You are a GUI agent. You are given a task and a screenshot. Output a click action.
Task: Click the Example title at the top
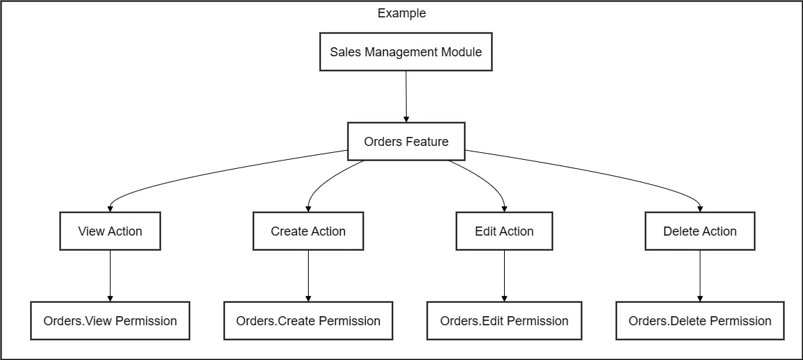click(401, 13)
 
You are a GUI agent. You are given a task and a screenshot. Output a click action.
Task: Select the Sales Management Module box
click(405, 52)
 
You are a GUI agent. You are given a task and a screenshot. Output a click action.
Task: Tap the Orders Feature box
click(406, 142)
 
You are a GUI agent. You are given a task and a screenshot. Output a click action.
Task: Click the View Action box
click(110, 231)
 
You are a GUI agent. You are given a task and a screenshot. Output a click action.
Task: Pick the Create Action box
click(308, 231)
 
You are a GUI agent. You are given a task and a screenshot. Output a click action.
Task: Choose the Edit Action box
click(504, 231)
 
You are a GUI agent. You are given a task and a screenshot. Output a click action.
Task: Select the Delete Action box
click(699, 231)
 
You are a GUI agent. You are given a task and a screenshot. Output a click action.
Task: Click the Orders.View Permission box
click(110, 321)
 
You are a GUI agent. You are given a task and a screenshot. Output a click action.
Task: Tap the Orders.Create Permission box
click(308, 321)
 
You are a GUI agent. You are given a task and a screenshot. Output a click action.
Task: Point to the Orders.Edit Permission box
click(504, 321)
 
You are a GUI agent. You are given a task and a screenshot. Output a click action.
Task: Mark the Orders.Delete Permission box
click(699, 321)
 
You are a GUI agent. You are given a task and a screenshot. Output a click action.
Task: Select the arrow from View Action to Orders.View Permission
click(110, 275)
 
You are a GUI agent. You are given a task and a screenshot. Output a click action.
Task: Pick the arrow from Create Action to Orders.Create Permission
click(308, 275)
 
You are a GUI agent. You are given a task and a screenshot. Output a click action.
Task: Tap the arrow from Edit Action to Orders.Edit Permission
click(504, 275)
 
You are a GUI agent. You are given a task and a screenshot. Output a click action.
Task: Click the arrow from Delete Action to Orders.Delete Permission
click(699, 275)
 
